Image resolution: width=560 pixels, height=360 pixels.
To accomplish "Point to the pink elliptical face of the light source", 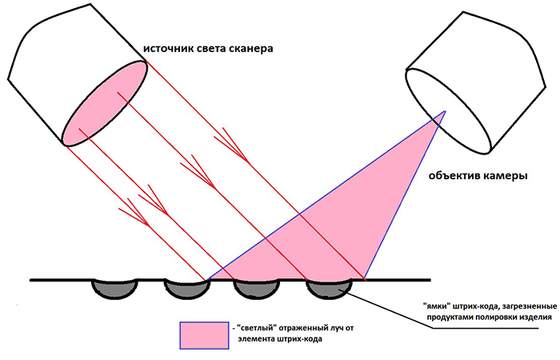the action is pos(105,103).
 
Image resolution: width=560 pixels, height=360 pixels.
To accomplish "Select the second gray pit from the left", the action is pos(186,289).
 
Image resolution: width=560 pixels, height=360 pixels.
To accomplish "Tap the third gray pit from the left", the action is pos(257,289).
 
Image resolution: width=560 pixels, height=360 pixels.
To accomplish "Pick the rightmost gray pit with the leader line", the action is pos(329,289).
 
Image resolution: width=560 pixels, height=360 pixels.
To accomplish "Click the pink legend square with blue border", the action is pos(204,335).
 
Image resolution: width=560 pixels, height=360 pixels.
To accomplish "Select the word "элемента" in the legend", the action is pos(256,339).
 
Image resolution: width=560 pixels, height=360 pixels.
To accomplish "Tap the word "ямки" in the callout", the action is pos(434,306).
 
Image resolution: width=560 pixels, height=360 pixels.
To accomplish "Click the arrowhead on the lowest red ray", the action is pos(138,214).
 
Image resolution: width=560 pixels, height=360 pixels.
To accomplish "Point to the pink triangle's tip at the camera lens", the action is pos(446,111).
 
